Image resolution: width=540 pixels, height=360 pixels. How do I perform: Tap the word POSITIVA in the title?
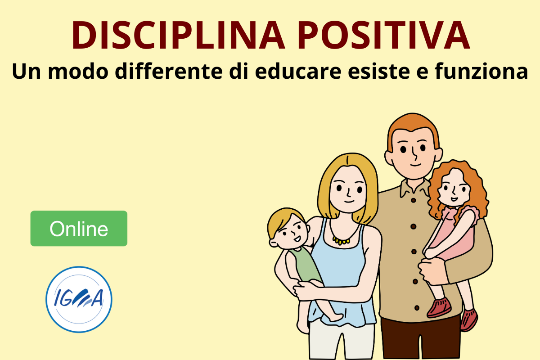[x=383, y=35]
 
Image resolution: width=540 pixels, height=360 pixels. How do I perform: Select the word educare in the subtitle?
[x=298, y=71]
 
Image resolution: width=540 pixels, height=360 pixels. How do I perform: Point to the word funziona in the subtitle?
[x=481, y=71]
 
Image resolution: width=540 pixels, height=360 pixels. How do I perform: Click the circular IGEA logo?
[x=79, y=300]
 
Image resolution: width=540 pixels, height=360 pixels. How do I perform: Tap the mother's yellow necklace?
[x=341, y=240]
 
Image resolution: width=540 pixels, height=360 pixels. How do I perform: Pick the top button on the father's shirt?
[x=413, y=200]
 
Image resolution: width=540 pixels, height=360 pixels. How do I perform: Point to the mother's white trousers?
[x=342, y=341]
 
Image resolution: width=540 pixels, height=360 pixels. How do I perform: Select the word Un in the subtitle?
[x=27, y=72]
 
